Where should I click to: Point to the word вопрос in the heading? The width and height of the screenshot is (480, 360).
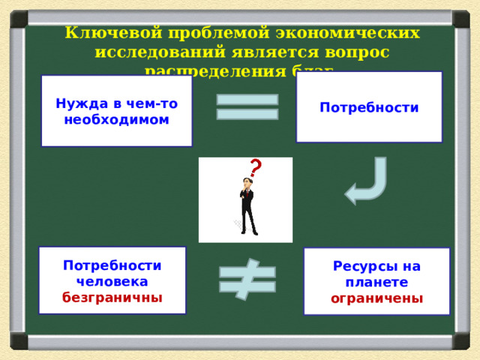point(356,52)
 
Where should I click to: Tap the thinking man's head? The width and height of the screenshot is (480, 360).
point(246,184)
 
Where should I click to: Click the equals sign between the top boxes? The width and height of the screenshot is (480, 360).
point(247,106)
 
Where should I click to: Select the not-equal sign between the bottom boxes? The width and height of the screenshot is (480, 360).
point(247,280)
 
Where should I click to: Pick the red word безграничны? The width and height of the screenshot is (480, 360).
point(112,296)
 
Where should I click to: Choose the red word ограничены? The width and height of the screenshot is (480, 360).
point(376,298)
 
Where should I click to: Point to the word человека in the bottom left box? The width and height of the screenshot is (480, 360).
point(112,280)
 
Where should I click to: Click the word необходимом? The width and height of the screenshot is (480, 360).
point(116,119)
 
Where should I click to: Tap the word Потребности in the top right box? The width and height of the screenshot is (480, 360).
point(369,107)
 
